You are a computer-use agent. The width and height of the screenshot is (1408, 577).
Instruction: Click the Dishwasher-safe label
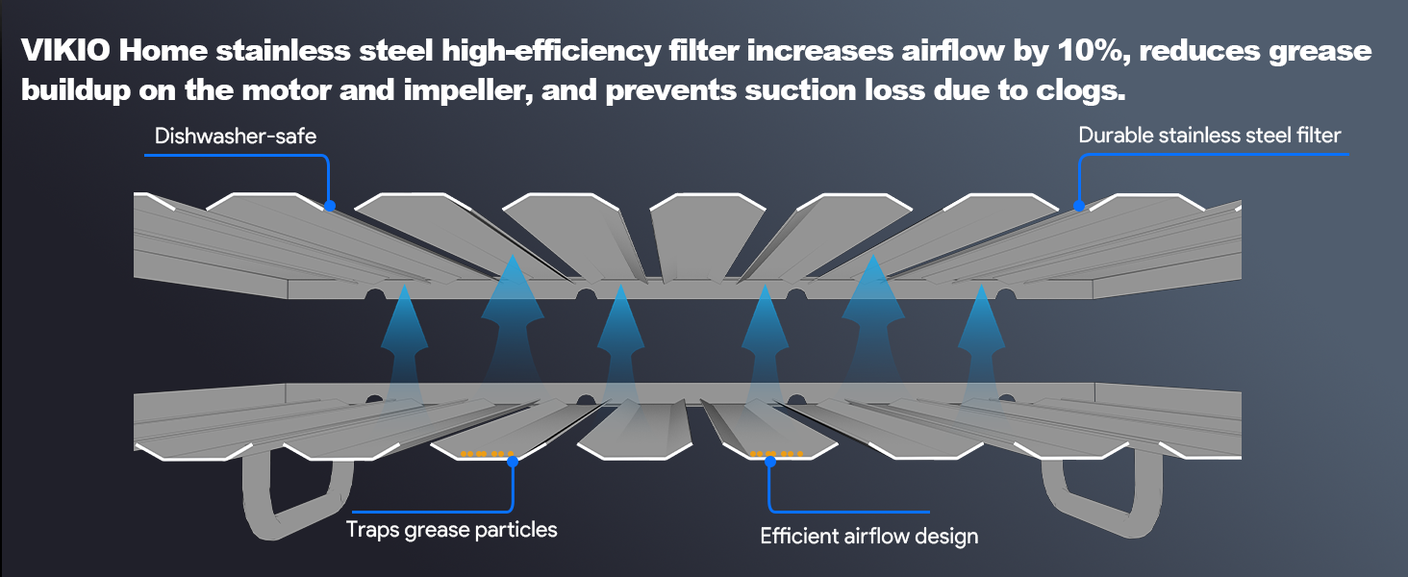[x=236, y=137]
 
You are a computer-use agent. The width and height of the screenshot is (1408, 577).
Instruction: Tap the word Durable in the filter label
[x=1115, y=136]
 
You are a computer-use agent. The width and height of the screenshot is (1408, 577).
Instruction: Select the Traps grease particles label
[x=451, y=529]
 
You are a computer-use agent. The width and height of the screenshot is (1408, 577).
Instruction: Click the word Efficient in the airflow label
[x=801, y=536]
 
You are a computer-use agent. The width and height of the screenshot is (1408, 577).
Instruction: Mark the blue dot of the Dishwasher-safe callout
[x=330, y=205]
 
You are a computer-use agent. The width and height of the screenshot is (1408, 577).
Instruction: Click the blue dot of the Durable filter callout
[x=1079, y=206]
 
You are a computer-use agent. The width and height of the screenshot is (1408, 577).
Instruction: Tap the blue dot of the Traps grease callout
[x=513, y=462]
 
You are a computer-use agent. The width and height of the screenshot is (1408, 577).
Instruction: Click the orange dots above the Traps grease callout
[x=487, y=453]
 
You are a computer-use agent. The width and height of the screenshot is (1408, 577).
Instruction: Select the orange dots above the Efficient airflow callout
[x=777, y=453]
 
